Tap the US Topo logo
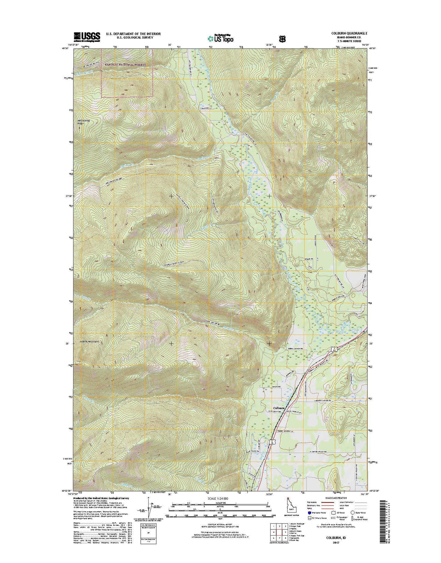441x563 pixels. (220, 38)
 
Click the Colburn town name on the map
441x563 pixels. (278, 407)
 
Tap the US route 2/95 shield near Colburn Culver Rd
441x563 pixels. (333, 349)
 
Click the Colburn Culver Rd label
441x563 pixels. (323, 401)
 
